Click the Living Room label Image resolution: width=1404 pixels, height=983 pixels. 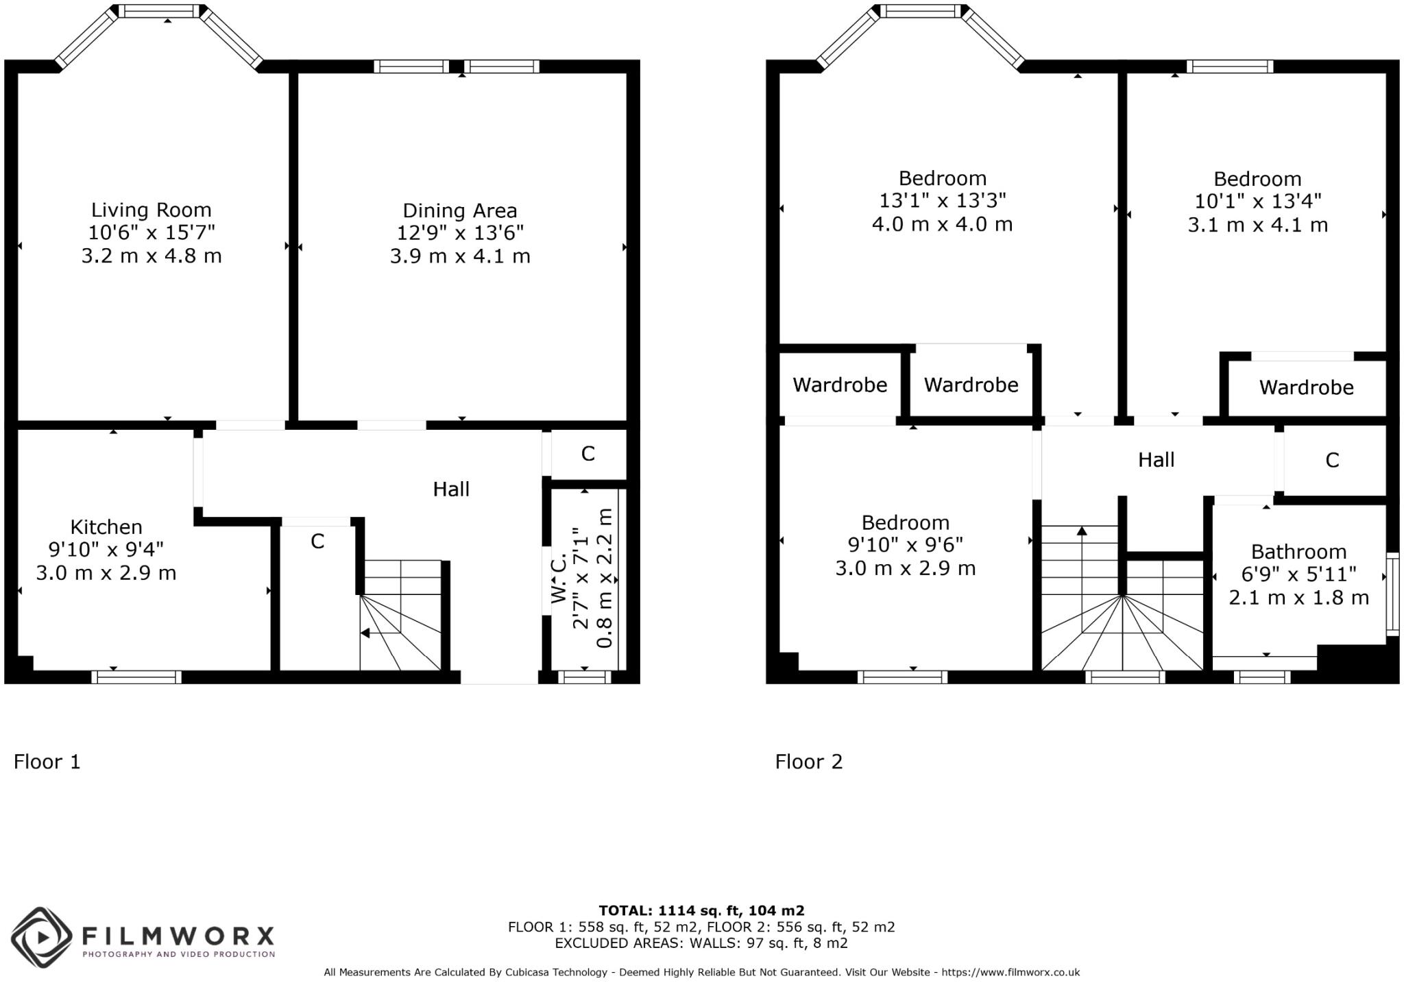pos(152,210)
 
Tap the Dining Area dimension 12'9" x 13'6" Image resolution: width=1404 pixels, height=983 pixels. pos(460,233)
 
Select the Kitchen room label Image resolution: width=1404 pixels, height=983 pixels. pos(106,527)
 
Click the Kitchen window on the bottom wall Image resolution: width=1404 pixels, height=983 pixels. pos(136,677)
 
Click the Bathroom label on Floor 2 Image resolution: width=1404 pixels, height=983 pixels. pos(1298,552)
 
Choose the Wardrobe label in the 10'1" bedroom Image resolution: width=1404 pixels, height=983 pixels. pos(1306,388)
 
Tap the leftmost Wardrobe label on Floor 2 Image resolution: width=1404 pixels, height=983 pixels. pos(840,385)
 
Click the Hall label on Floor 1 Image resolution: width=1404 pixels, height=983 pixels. pos(451,489)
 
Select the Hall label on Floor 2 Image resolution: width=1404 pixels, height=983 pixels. pos(1156,460)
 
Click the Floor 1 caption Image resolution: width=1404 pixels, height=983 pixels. pos(47,762)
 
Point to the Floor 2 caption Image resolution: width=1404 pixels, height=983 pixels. pos(808,762)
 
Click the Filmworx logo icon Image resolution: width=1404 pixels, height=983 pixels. pos(41,937)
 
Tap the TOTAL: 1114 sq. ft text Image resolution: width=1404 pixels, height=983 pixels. pos(701,911)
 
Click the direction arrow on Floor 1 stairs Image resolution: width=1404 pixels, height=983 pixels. pos(366,633)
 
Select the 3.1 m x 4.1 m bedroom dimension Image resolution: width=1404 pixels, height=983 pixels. pos(1257,226)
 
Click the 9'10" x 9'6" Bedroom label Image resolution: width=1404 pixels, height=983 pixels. pos(905,523)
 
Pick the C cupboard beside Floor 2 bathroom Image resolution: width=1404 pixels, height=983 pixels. pos(1332,461)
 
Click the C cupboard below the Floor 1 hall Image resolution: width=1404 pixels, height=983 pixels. pos(317,542)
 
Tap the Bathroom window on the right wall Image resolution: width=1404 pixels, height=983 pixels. pos(1392,594)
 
